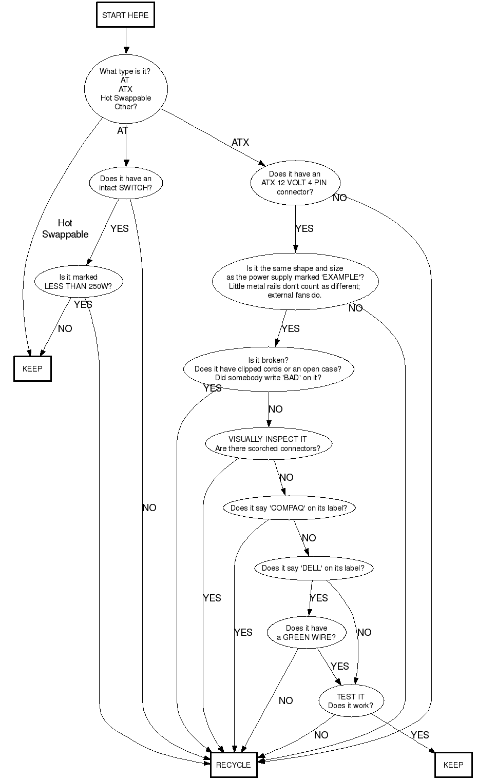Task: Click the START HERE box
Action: (125, 15)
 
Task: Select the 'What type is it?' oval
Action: (126, 89)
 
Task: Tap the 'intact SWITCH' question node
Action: (126, 183)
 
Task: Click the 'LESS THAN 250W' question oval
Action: (79, 282)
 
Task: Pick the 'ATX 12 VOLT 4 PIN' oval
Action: (295, 183)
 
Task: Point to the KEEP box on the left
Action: (32, 368)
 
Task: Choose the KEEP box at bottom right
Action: (453, 765)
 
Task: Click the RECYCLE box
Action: (234, 765)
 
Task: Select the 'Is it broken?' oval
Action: (268, 369)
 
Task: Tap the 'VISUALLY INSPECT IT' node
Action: (268, 443)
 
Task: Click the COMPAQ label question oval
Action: (289, 508)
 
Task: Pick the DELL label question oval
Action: (313, 568)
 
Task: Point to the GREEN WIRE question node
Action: (307, 632)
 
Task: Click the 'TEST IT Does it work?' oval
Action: (351, 700)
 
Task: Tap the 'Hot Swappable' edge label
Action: (65, 228)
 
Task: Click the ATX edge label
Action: (240, 142)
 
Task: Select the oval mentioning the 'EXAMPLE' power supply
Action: (295, 282)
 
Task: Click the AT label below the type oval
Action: (122, 131)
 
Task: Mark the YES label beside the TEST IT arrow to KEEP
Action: (419, 735)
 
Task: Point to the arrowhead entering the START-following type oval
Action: (126, 50)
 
